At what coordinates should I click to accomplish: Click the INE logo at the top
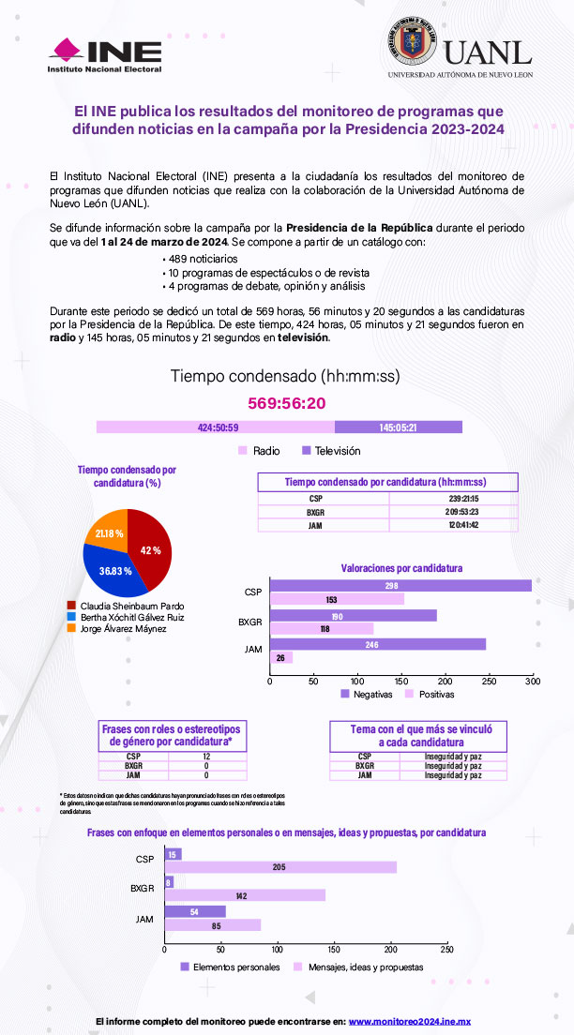click(x=105, y=55)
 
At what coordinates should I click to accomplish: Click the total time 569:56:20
click(x=286, y=403)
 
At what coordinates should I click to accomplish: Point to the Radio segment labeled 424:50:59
click(x=216, y=427)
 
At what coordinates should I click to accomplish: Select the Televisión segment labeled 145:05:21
click(x=398, y=427)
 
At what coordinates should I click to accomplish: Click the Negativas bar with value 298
click(x=400, y=586)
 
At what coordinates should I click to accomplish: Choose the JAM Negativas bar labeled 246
click(x=378, y=644)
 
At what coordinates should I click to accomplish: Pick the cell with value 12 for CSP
click(x=205, y=756)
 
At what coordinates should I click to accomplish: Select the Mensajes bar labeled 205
click(x=280, y=867)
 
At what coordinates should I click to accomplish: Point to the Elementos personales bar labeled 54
click(x=195, y=911)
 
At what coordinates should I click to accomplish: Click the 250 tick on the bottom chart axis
click(x=446, y=950)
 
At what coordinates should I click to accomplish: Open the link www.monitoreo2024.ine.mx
click(x=409, y=1020)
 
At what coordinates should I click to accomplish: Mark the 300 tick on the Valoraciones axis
click(x=532, y=682)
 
